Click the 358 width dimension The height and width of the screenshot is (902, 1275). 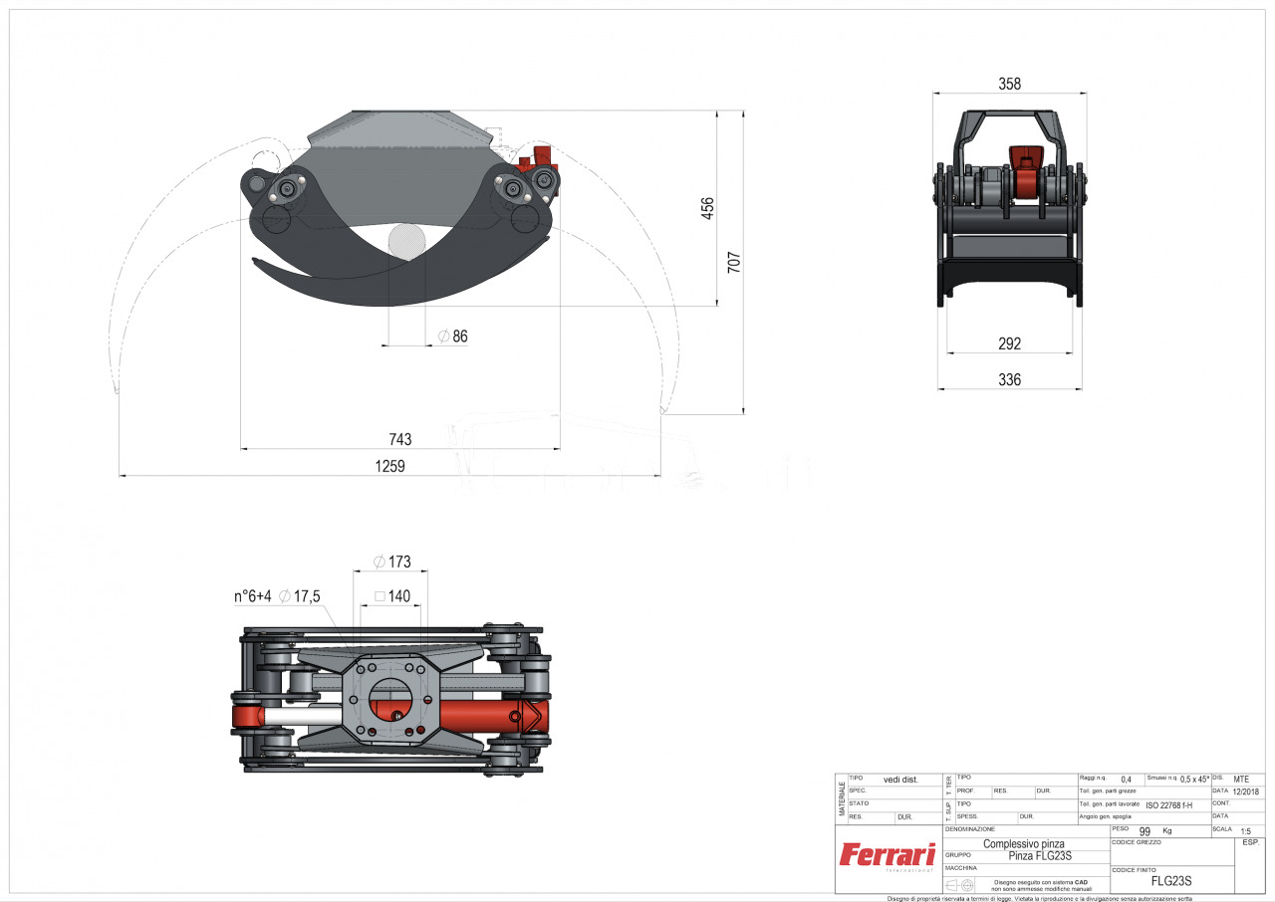[x=1009, y=85]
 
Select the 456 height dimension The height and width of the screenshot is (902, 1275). [x=707, y=208]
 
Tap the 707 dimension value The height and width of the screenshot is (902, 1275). [x=734, y=263]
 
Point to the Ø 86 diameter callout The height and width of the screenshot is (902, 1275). [x=452, y=337]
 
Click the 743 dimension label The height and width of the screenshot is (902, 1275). [x=399, y=439]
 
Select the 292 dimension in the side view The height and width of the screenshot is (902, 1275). [x=1009, y=343]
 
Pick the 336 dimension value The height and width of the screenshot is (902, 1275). [x=1009, y=379]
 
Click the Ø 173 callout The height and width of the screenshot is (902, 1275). [x=391, y=562]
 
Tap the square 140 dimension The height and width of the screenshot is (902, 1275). [x=391, y=596]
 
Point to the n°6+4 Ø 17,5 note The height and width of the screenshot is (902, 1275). [x=276, y=596]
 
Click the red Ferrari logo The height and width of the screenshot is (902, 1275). [x=887, y=854]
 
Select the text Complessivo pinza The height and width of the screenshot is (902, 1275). [x=1024, y=843]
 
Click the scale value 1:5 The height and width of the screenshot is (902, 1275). [x=1245, y=829]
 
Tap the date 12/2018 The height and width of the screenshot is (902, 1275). [x=1245, y=791]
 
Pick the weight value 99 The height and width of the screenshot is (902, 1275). [x=1145, y=830]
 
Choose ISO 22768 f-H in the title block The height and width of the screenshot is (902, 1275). [x=1168, y=804]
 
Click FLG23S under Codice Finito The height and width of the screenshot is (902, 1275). [x=1170, y=881]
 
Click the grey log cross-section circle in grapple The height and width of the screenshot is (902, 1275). [x=406, y=242]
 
